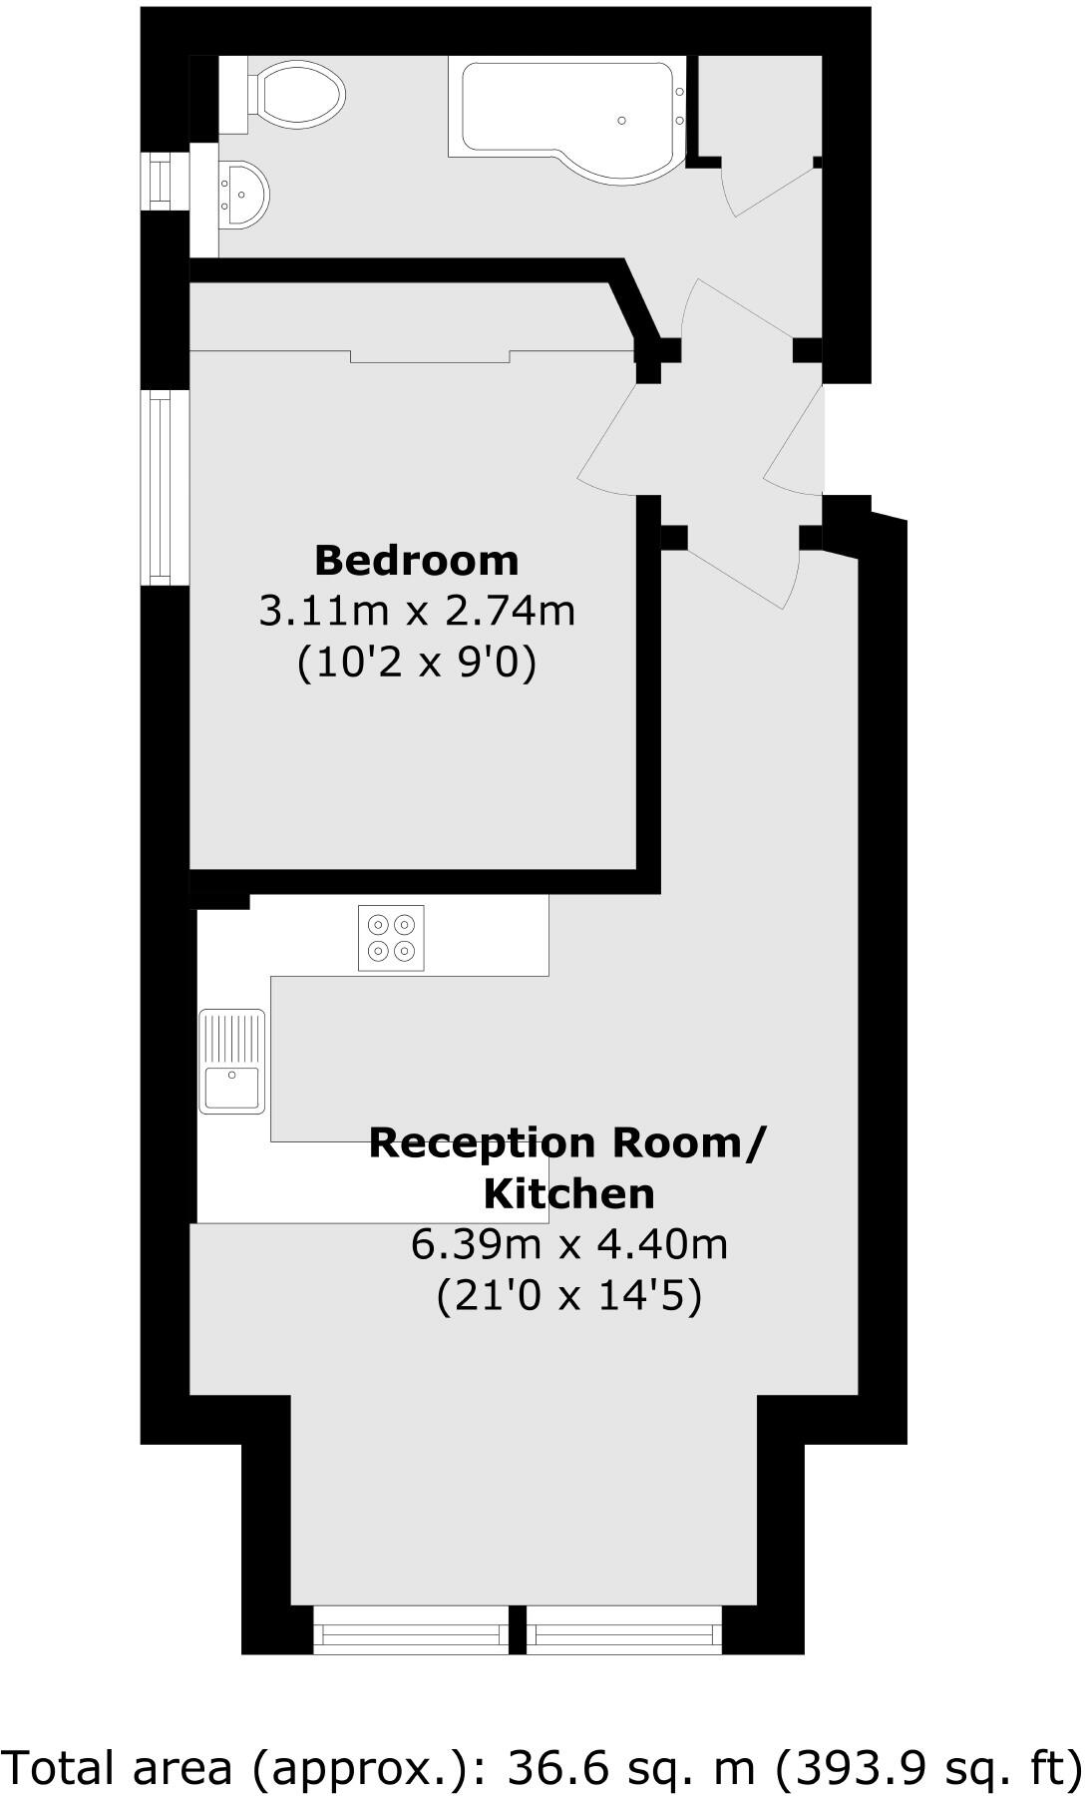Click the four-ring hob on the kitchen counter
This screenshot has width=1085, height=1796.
click(x=391, y=938)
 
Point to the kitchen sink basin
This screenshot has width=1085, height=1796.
click(x=231, y=1088)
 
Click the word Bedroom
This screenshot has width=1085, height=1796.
click(x=417, y=561)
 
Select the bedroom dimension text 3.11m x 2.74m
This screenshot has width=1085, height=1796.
click(x=417, y=611)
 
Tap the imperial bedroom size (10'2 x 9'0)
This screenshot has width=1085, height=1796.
click(x=417, y=663)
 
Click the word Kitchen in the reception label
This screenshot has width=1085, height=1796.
click(x=568, y=1193)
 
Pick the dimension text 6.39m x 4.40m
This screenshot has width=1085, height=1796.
click(x=568, y=1245)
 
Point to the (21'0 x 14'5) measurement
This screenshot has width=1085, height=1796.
click(x=568, y=1297)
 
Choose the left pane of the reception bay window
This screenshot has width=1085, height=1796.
click(x=410, y=1633)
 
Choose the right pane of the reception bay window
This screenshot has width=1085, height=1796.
click(x=623, y=1633)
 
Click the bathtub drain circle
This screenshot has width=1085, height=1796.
click(x=622, y=121)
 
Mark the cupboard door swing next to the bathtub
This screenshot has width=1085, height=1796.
click(x=768, y=190)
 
